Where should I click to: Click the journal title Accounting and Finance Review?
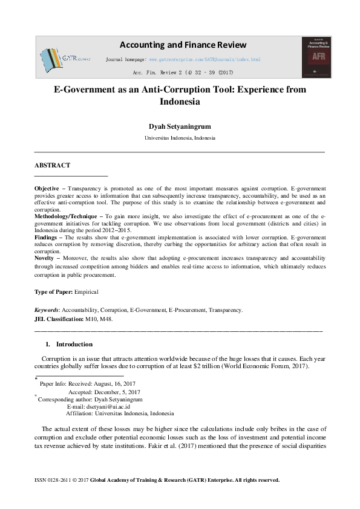pos(183,45)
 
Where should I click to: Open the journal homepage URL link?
pos(205,60)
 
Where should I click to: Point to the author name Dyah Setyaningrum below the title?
pos(180,126)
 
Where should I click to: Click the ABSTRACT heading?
pos(52,165)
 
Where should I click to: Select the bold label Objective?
pos(47,189)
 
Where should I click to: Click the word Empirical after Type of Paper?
pos(86,292)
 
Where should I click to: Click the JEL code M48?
pos(105,319)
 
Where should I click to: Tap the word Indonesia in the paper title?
pos(180,102)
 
